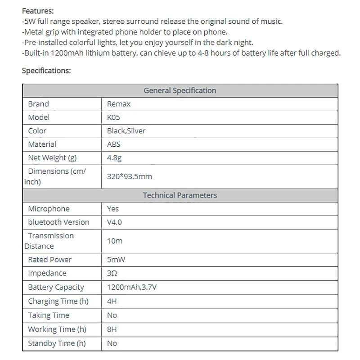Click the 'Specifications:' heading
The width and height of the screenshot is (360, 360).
click(46, 71)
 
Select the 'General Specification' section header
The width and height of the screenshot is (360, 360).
click(180, 90)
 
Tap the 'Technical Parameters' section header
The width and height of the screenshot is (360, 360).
click(180, 195)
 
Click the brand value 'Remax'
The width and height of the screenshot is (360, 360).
click(119, 104)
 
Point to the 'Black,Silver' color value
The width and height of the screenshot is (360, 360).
click(126, 131)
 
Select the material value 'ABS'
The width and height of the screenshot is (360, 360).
click(114, 144)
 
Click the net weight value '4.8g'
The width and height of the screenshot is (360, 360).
click(114, 158)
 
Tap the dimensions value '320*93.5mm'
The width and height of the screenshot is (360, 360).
click(130, 176)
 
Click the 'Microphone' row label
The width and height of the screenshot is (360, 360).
click(49, 209)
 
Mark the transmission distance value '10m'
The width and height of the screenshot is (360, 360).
click(115, 241)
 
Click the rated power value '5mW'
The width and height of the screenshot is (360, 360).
click(116, 260)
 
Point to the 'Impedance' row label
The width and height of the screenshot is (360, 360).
click(47, 273)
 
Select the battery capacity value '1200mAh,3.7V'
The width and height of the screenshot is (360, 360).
click(132, 287)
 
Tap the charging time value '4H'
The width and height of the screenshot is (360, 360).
click(112, 301)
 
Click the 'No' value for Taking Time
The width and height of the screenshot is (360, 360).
click(112, 315)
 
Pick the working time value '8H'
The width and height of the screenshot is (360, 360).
click(112, 329)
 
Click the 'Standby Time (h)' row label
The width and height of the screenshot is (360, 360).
click(57, 343)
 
